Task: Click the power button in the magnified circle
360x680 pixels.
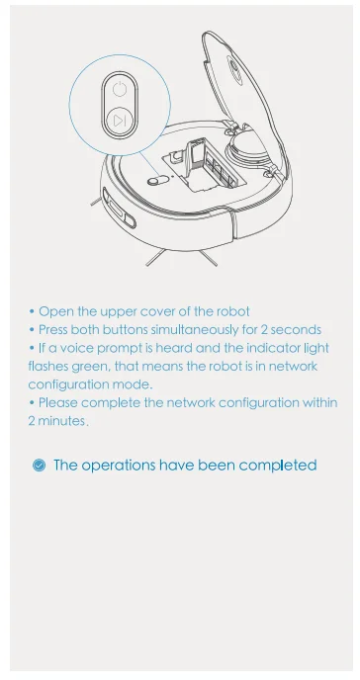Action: click(x=118, y=89)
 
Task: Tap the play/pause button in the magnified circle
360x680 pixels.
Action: click(x=118, y=121)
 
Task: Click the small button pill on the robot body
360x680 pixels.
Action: click(x=157, y=181)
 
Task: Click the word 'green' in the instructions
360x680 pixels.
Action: click(x=87, y=366)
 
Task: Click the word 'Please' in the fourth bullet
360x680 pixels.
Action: click(x=60, y=402)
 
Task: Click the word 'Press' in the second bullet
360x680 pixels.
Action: click(x=55, y=329)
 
